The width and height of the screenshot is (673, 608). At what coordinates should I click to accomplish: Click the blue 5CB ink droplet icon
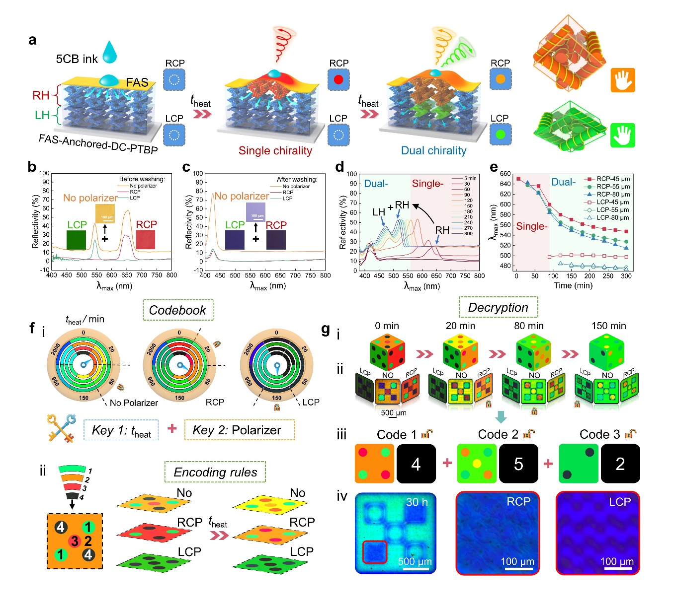click(110, 52)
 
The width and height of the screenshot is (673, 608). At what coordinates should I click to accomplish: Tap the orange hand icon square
click(623, 80)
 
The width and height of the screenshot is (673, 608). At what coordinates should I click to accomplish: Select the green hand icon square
click(623, 135)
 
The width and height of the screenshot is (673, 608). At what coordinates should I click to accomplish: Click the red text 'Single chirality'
click(275, 151)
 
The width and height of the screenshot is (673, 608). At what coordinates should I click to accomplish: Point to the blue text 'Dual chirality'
click(433, 151)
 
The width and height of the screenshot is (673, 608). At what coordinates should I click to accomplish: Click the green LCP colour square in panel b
click(76, 240)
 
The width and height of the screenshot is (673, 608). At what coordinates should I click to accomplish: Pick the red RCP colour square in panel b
click(146, 240)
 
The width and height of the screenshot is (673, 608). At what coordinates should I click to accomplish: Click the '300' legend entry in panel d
click(468, 233)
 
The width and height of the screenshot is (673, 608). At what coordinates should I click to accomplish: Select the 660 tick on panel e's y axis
click(505, 174)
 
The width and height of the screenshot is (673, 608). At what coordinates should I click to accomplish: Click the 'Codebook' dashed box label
click(178, 310)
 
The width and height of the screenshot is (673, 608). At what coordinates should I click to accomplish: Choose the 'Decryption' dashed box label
click(498, 308)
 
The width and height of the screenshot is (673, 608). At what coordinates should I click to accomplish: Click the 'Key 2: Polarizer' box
click(239, 430)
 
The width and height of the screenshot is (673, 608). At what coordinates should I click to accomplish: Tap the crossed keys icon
click(61, 427)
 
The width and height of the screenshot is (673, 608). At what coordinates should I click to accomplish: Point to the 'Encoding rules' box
click(215, 472)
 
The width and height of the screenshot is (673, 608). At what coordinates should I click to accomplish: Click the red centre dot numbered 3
click(74, 541)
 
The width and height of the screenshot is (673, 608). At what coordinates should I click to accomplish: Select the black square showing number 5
click(518, 464)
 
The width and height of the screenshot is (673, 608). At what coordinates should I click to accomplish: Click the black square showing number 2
click(620, 464)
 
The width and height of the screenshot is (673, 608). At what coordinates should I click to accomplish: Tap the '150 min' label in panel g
click(608, 326)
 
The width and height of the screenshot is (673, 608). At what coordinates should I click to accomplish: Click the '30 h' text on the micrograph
click(417, 502)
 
